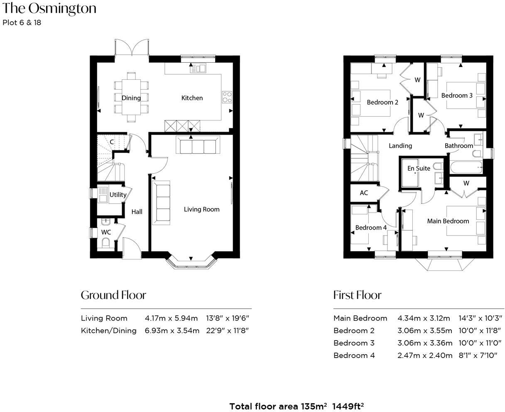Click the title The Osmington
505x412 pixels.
coord(49,8)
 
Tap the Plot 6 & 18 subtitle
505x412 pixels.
coord(22,23)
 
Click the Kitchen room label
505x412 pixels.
coord(192,98)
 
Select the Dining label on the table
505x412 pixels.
coord(131,98)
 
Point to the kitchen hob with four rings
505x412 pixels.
coord(227,97)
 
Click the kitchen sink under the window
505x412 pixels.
coord(198,68)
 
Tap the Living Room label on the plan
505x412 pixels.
coord(201,209)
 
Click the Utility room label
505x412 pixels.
coord(118,194)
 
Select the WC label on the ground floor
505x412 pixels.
coord(106,232)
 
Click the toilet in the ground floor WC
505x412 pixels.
coord(105,243)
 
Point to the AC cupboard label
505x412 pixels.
coord(364,193)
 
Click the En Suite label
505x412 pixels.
coord(418,168)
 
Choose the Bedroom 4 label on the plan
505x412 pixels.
coord(371,228)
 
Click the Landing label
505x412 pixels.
coord(400,145)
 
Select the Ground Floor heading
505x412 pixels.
coord(113,295)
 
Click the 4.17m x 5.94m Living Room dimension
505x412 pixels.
coord(171,318)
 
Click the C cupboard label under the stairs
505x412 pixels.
coord(112,142)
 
